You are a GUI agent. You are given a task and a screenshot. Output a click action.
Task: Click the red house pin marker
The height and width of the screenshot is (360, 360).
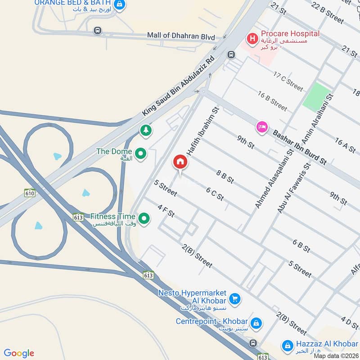click(x=180, y=162)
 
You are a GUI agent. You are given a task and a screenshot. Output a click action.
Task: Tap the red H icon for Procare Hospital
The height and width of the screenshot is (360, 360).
click(x=252, y=38)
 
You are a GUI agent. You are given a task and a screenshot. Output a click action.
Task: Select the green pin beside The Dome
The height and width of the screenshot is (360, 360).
click(x=141, y=154)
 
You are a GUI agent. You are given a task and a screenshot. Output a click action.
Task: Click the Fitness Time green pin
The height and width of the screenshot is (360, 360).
click(x=144, y=219)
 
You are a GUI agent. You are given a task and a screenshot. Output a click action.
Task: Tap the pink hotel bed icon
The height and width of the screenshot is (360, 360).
click(x=262, y=127)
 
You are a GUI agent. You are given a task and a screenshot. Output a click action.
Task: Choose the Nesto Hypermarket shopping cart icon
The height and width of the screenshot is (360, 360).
click(x=234, y=298)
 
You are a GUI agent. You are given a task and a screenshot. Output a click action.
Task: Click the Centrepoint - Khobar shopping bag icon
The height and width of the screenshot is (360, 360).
click(x=256, y=323)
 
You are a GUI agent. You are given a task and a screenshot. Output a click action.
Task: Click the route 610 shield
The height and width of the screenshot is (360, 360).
click(x=30, y=193)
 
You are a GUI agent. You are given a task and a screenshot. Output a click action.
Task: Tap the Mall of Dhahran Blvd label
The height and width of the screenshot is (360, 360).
click(x=181, y=36)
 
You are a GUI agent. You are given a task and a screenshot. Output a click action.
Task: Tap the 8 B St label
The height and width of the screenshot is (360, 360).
click(x=225, y=176)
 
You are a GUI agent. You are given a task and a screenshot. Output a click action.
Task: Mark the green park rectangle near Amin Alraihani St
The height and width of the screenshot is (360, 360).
click(x=317, y=96)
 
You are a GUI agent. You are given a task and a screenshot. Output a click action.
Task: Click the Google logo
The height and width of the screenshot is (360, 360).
click(x=19, y=353)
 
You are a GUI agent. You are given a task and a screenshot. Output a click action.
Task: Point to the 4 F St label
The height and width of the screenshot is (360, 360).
click(x=166, y=210)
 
